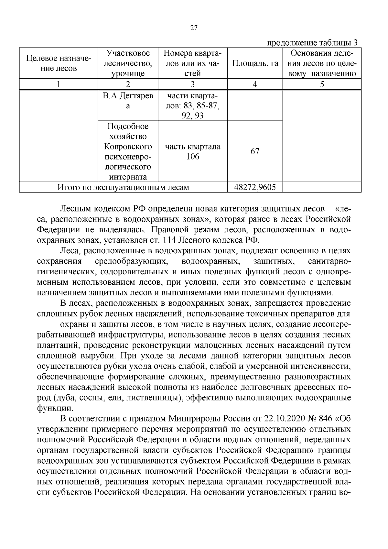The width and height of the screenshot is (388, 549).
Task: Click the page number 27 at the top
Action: (194, 28)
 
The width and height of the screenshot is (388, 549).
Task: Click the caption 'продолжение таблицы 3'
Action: (312, 43)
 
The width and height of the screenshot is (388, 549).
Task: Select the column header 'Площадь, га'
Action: (255, 63)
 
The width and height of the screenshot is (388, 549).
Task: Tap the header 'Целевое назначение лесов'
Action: (59, 63)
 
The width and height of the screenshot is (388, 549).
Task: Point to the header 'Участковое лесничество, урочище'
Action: (128, 63)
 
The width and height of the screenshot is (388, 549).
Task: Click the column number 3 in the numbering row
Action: (192, 84)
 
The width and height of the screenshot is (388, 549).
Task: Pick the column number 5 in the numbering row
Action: (322, 84)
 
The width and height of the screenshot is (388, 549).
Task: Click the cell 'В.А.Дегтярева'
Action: (128, 101)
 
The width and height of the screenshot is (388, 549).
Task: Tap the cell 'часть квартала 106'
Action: (192, 152)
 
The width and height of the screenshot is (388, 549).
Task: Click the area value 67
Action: (255, 151)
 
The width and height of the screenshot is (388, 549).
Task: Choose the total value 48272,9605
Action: (255, 187)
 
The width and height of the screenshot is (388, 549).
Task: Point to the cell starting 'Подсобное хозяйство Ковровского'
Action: (128, 151)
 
